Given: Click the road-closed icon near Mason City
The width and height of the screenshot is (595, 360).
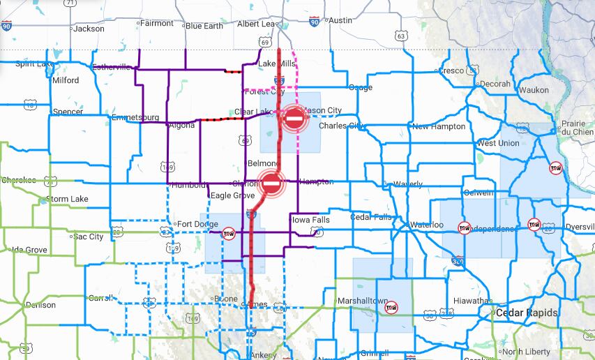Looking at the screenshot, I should (294, 119).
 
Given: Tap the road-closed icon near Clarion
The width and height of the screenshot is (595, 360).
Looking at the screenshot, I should (272, 184).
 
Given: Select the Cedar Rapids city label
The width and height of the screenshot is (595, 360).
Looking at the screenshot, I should (527, 313).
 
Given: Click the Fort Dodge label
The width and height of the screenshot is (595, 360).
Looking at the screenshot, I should (193, 224).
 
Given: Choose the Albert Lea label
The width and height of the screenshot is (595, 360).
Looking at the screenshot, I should (258, 24).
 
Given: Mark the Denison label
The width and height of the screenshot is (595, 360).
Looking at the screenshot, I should (40, 305).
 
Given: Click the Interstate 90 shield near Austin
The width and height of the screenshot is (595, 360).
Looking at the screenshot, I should (314, 22).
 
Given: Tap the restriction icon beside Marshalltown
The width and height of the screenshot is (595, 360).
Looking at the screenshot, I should (391, 306).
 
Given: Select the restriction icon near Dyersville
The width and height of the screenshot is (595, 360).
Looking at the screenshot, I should (534, 224).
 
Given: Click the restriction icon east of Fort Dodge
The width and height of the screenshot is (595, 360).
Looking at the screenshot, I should (228, 232).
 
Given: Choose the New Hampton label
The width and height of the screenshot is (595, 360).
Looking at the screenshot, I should (439, 126).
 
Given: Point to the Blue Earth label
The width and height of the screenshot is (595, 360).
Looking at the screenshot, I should (204, 26).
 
